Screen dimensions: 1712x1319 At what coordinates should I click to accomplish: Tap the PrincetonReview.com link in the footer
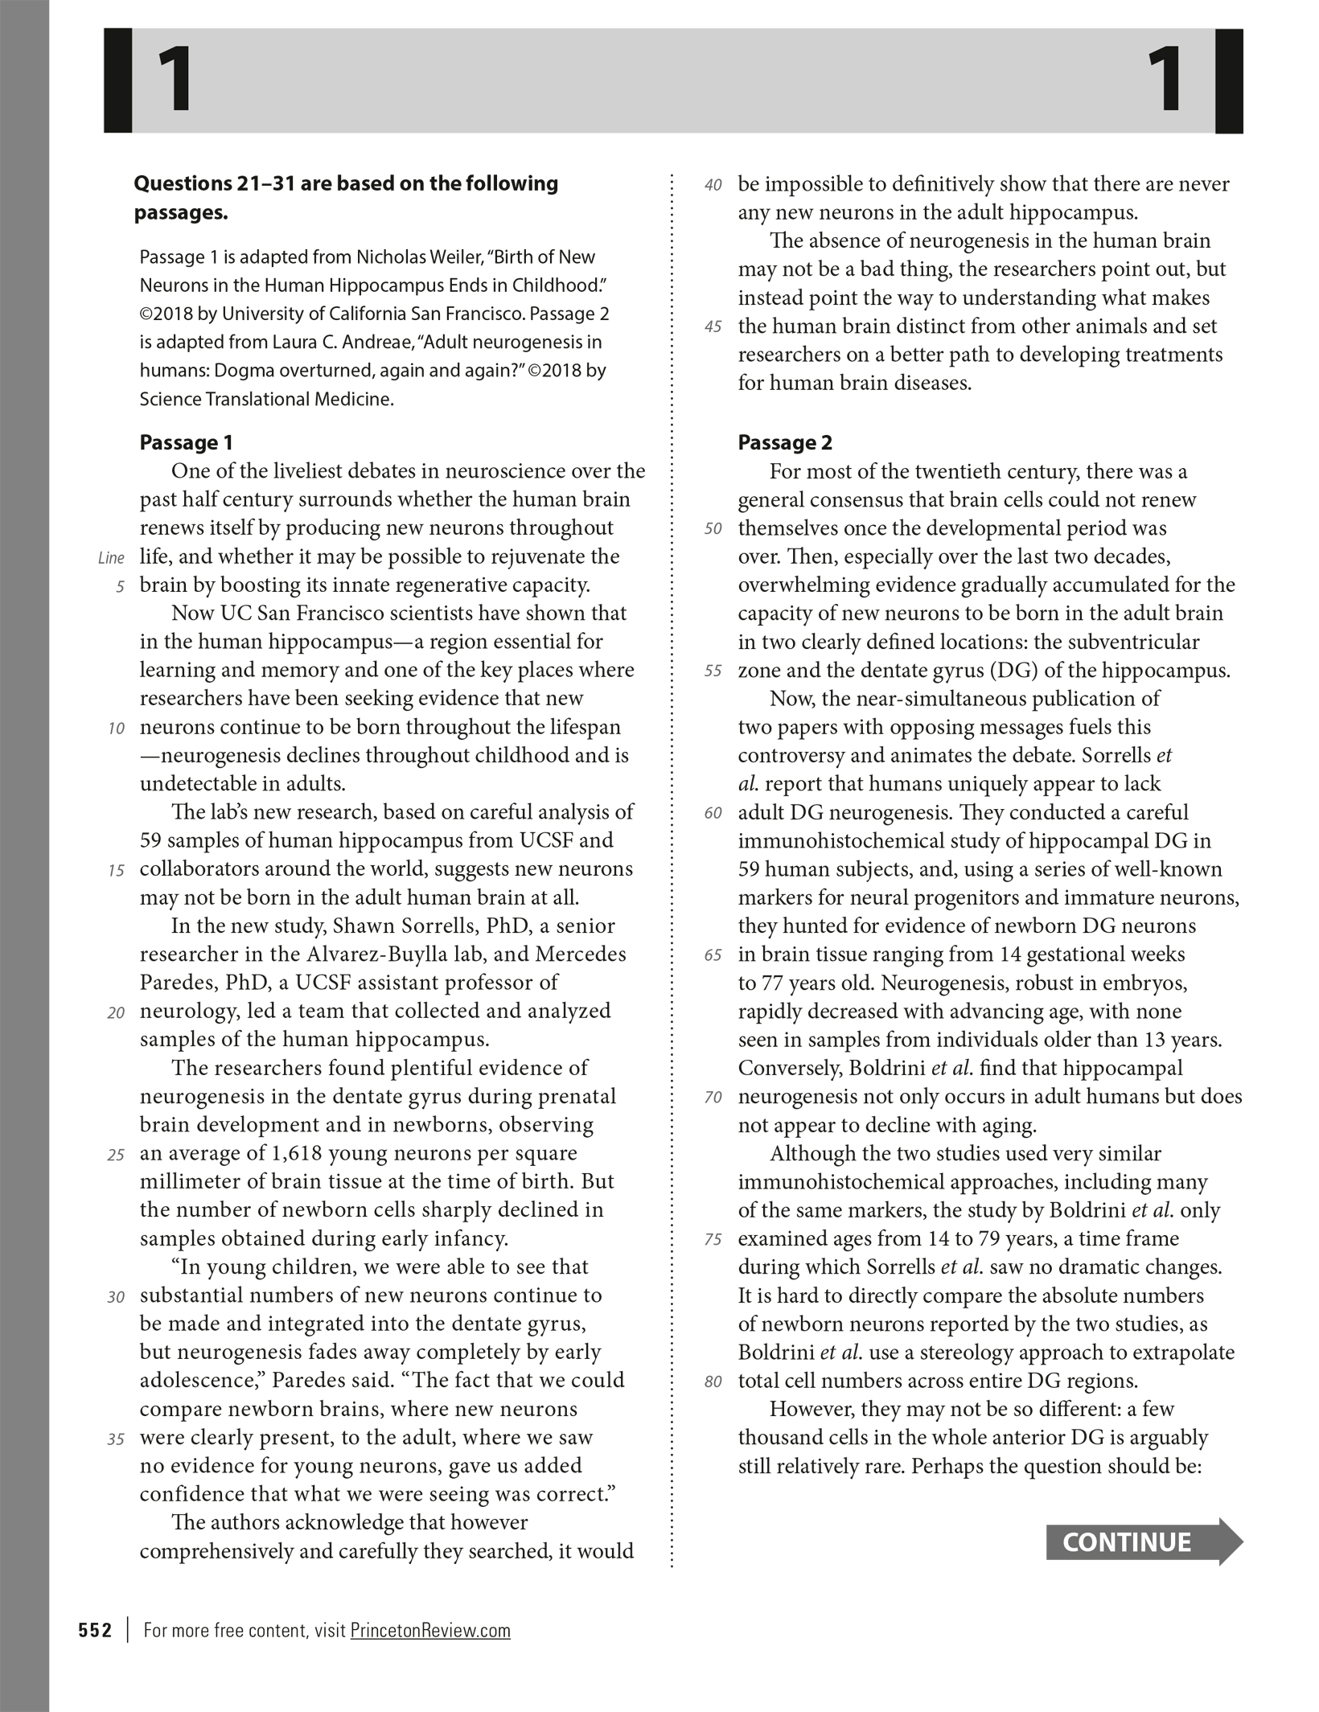pyautogui.click(x=430, y=1630)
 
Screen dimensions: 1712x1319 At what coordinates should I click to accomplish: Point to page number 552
pyautogui.click(x=95, y=1630)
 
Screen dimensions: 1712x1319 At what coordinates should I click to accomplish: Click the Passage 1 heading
pyautogui.click(x=186, y=442)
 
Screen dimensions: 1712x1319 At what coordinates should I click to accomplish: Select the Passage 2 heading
pyautogui.click(x=785, y=442)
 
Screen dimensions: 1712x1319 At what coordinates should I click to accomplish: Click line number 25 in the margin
pyautogui.click(x=116, y=1155)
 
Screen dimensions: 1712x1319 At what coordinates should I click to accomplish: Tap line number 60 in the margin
pyautogui.click(x=713, y=813)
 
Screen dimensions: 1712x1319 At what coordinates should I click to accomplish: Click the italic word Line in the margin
pyautogui.click(x=111, y=558)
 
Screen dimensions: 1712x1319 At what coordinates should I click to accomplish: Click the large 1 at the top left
pyautogui.click(x=175, y=80)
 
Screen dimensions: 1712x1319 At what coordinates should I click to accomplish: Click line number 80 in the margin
pyautogui.click(x=713, y=1382)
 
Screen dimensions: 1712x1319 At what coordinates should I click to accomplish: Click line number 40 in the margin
pyautogui.click(x=713, y=185)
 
